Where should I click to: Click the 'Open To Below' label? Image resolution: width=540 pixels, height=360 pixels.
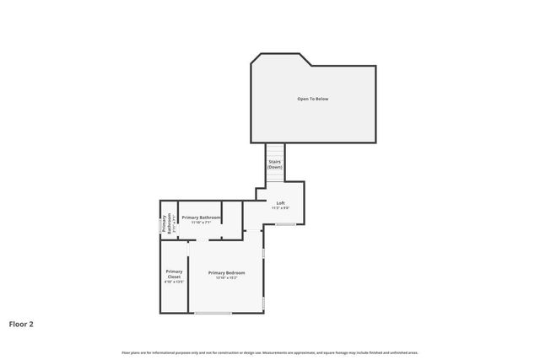pos(312,99)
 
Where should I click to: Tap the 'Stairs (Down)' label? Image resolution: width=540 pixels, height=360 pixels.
pos(275,164)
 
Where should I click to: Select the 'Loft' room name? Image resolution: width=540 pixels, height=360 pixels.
pos(281,202)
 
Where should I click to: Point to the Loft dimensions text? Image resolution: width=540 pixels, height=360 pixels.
pos(281,207)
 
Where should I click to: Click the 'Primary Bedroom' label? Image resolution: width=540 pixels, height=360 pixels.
pos(227,272)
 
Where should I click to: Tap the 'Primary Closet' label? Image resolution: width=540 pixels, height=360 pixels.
pos(174,274)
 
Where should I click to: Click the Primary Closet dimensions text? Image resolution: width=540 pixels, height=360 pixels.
pos(174,282)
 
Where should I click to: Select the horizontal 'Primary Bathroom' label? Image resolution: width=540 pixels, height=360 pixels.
pos(201,218)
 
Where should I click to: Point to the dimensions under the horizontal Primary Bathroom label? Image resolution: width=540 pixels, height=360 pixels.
pos(201,223)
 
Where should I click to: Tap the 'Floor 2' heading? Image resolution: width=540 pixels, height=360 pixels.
pos(21,323)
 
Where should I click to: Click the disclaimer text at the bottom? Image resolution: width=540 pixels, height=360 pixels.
pos(270,352)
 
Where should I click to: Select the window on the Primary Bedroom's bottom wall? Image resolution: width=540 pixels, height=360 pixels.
pos(213,314)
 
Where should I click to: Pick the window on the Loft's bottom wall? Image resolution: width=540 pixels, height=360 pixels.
pos(286,224)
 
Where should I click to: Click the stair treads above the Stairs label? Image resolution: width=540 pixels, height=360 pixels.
pos(275,149)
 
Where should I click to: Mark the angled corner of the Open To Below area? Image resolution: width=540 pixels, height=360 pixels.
pos(255,60)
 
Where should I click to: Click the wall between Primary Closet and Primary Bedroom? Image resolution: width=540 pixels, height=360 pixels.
pos(189,278)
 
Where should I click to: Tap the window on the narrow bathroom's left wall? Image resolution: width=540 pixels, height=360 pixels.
pos(160,223)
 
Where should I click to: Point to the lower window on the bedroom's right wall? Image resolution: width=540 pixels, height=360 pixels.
pos(264,302)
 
